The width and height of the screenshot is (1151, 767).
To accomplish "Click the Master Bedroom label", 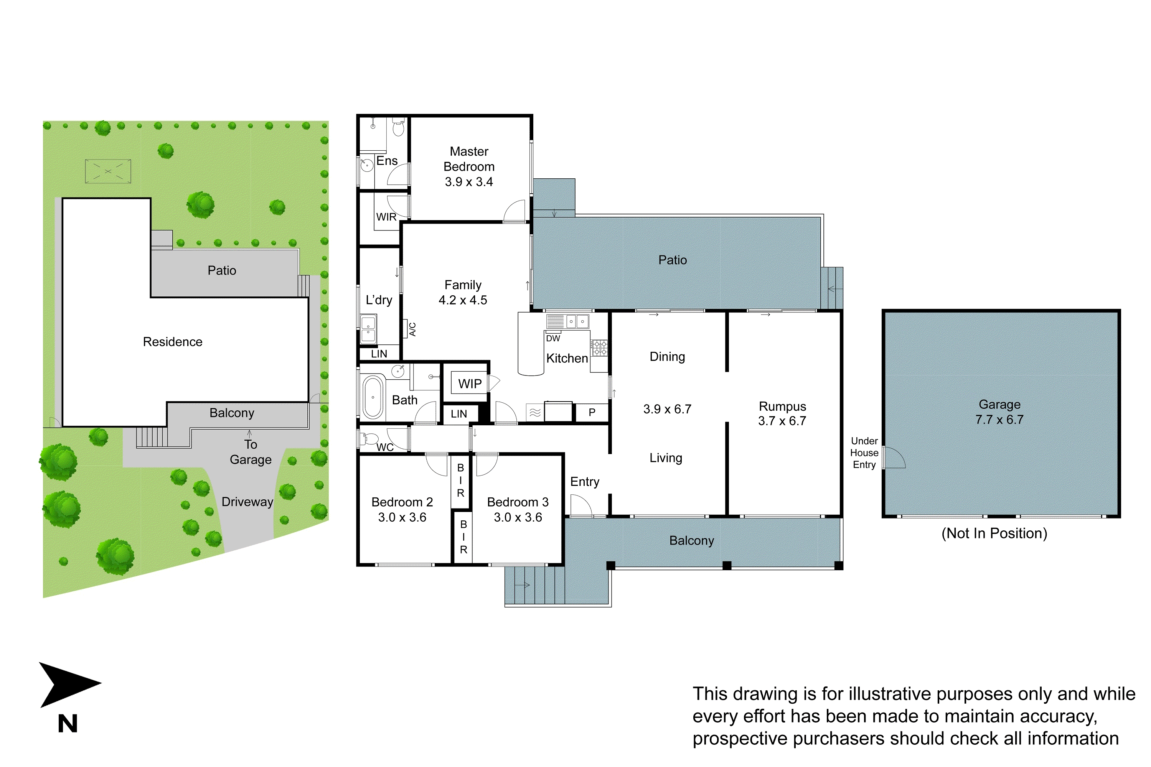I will [x=468, y=160].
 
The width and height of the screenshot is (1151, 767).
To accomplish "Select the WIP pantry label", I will [x=469, y=384].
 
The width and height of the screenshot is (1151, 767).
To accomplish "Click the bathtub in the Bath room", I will [x=373, y=397].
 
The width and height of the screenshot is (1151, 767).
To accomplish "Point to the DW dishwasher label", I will [x=552, y=339].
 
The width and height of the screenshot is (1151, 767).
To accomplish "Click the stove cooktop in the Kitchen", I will [x=599, y=348].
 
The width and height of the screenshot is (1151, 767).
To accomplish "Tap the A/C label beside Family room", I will [x=412, y=329].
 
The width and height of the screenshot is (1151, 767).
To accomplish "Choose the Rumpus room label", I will [x=782, y=407].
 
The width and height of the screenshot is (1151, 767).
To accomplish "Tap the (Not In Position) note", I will [x=994, y=533].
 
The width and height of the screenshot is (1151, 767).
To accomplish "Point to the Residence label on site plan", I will [x=172, y=342].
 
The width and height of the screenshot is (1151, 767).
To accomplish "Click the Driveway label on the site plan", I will [x=247, y=502].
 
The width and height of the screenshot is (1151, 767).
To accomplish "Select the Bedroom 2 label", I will [x=402, y=502].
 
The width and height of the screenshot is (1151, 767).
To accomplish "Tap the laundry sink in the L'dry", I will [x=368, y=329].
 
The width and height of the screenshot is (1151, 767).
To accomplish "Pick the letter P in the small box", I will [x=592, y=412].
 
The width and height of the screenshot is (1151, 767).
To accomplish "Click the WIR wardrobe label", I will [x=386, y=217].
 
